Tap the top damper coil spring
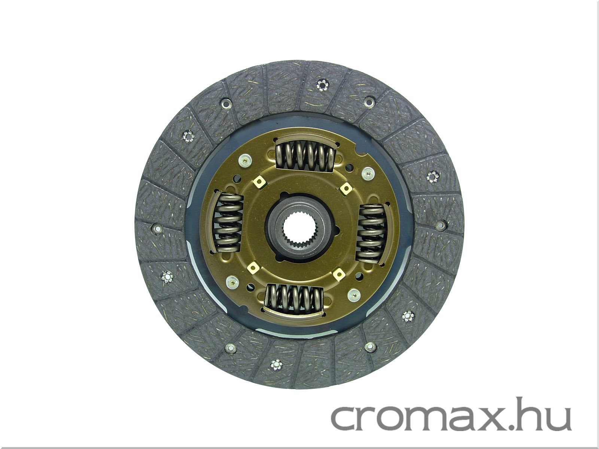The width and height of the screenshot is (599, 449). point(305,157)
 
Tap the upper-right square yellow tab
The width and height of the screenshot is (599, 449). point(346,188)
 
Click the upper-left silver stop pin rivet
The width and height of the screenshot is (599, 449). point(244,160)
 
